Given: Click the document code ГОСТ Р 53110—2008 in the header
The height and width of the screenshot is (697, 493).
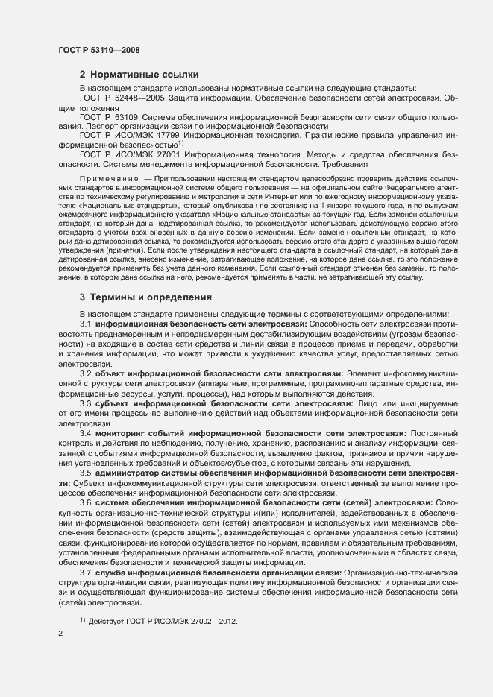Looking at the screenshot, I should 98,51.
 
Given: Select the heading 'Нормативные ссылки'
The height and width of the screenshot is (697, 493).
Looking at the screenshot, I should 144,75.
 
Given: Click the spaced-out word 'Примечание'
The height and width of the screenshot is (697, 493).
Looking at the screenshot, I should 108,180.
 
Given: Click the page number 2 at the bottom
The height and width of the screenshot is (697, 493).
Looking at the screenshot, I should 60,634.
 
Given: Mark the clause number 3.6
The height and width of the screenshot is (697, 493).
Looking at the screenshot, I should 85,502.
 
